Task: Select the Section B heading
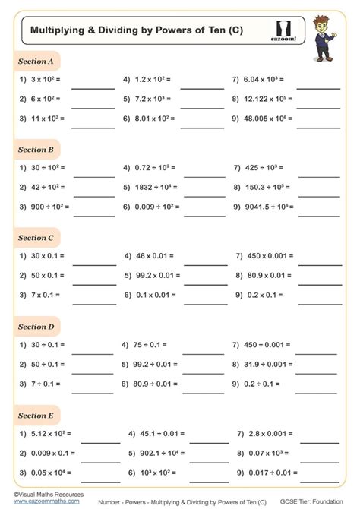[x=36, y=150]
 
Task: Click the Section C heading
[x=36, y=238]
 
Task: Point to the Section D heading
[x=36, y=327]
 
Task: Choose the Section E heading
[x=36, y=416]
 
